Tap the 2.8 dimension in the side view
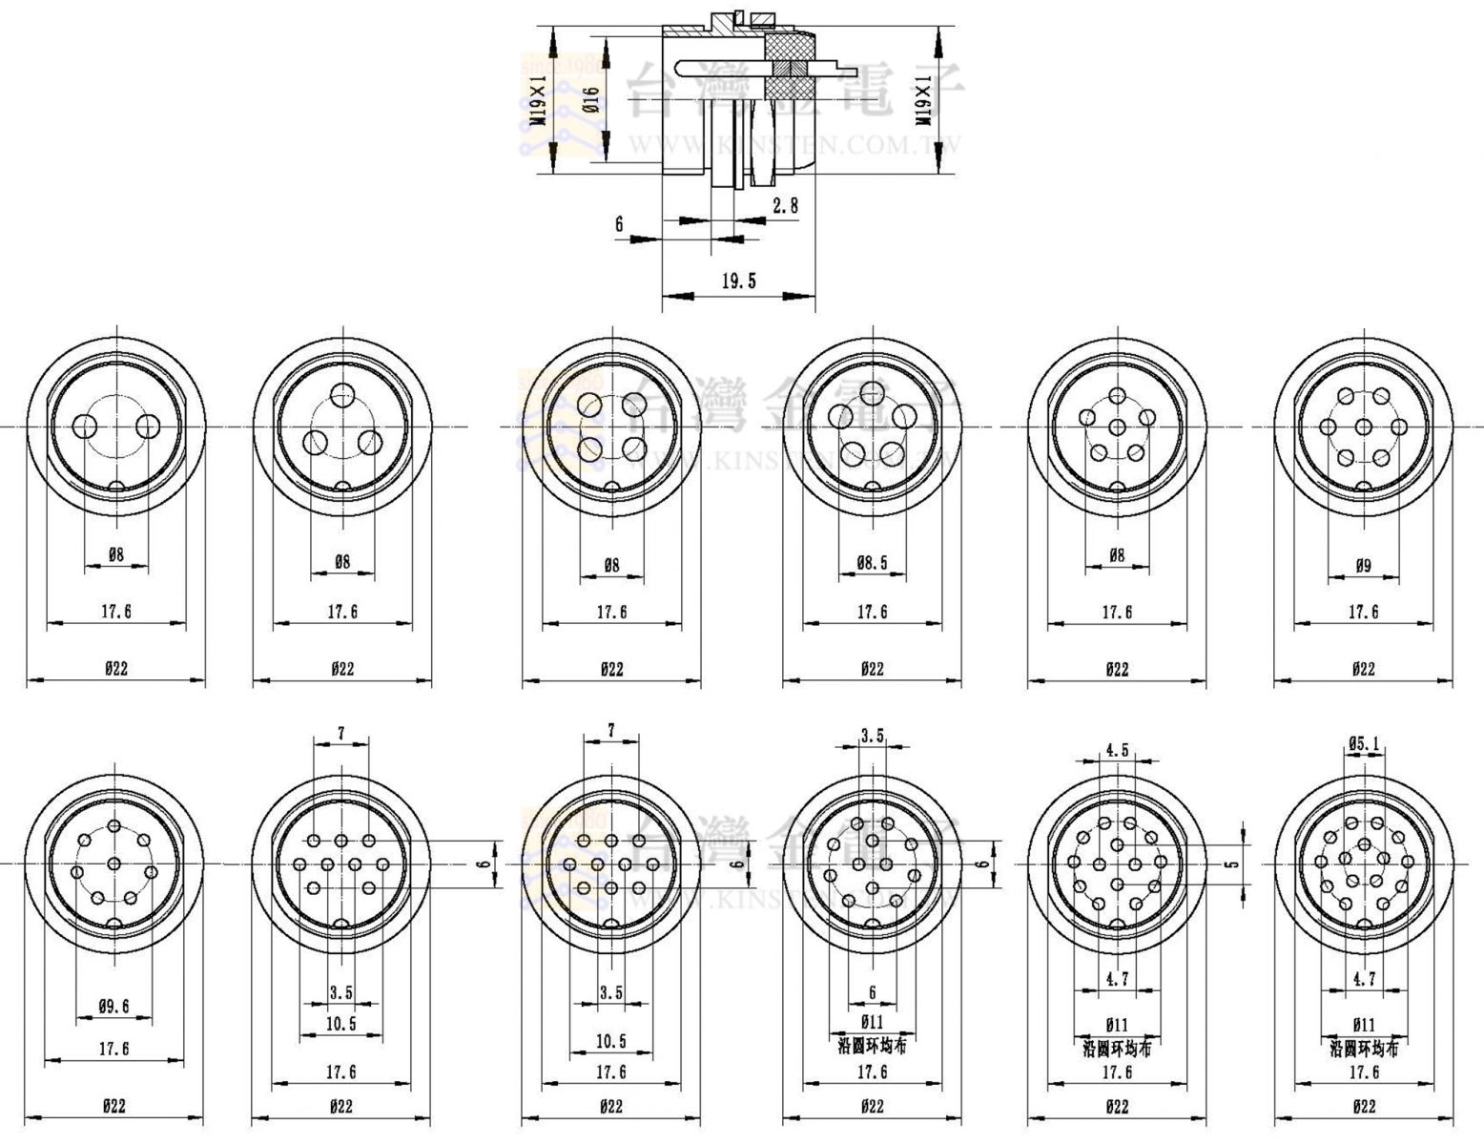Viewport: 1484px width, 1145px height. click(x=785, y=204)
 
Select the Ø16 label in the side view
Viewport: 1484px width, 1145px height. click(x=591, y=99)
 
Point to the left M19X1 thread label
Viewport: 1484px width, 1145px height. click(x=540, y=102)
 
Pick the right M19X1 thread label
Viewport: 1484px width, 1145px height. click(x=923, y=102)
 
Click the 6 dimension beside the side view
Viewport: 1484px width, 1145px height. click(x=619, y=224)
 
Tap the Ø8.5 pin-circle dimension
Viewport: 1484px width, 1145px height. click(x=872, y=563)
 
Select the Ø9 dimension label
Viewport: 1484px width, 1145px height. click(x=1363, y=565)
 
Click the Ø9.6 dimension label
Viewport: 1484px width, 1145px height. click(x=113, y=1005)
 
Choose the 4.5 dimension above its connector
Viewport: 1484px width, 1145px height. click(x=1117, y=749)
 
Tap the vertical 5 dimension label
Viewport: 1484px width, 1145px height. click(x=1232, y=864)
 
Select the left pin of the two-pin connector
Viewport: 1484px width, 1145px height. click(x=86, y=427)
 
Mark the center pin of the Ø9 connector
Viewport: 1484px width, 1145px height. click(x=1363, y=427)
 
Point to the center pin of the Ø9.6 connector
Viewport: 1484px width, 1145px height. click(x=115, y=864)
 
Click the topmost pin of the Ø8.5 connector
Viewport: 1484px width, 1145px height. click(x=872, y=391)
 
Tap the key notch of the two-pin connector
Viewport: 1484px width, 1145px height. click(x=115, y=487)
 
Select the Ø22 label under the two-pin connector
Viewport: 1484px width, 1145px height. click(x=115, y=668)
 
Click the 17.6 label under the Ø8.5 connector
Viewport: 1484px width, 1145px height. click(x=872, y=612)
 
